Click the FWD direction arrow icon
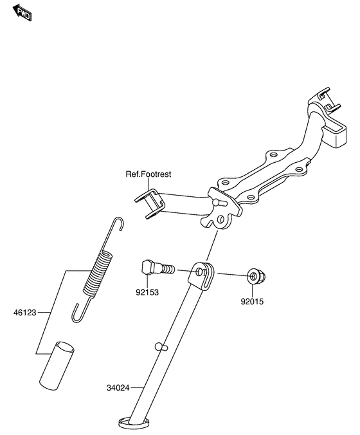tap(24, 13)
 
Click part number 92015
tap(253, 300)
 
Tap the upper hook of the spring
tap(118, 225)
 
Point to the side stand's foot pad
tap(134, 423)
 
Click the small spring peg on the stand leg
tap(161, 347)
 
